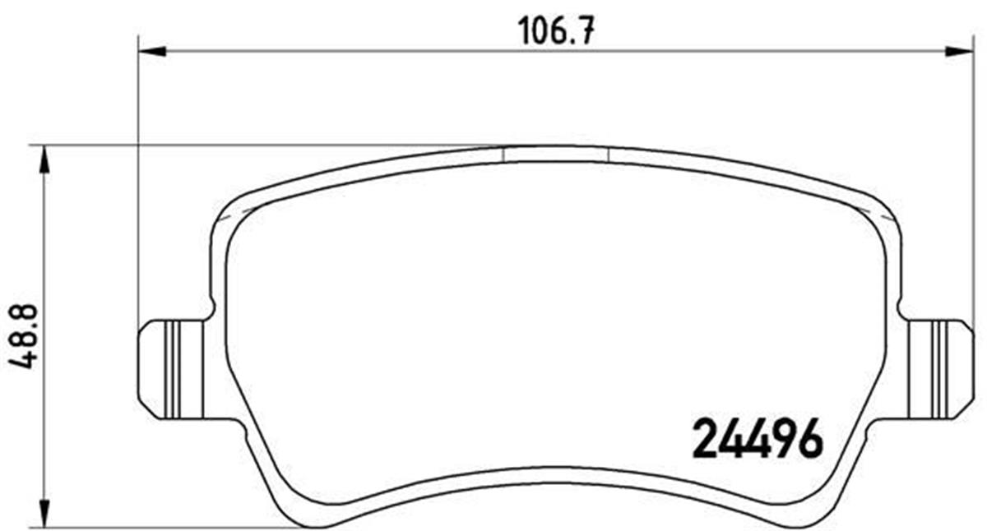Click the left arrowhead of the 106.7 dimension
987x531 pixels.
tap(152, 52)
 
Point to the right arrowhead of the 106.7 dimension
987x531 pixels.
tap(958, 52)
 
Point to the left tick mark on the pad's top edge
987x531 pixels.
tap(502, 155)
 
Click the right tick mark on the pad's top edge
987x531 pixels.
tap(607, 155)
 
